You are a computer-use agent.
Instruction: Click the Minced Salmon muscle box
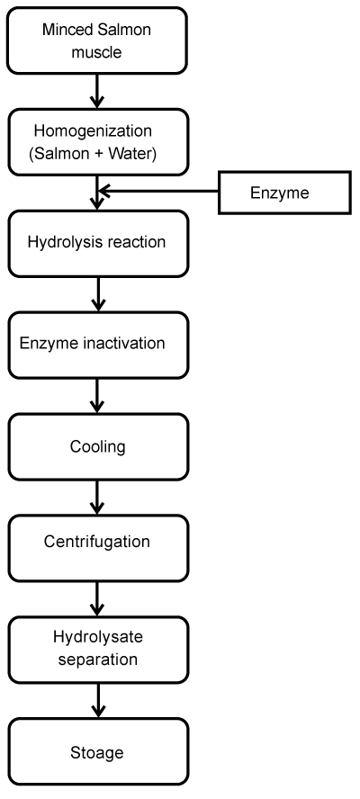point(97,40)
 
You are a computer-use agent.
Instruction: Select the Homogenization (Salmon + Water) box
point(98,142)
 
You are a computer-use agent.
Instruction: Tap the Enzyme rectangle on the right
point(284,193)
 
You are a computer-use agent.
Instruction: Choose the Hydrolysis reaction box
point(98,244)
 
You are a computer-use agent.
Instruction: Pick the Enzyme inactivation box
point(98,345)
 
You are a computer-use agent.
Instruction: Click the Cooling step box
point(98,446)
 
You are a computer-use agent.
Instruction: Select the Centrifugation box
point(98,548)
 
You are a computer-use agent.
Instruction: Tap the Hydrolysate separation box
point(98,650)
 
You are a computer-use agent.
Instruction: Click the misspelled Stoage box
point(98,751)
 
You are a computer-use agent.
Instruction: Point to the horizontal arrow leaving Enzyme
point(158,191)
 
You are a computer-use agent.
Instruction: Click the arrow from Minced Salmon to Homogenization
point(97,91)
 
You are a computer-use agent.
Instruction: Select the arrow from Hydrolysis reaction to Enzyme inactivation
point(97,294)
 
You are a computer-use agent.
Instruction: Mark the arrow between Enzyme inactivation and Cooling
point(97,396)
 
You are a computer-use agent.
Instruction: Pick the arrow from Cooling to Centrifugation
point(97,498)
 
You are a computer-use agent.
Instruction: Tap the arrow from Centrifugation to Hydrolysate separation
point(97,598)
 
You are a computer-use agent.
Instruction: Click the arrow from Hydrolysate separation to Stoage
point(97,701)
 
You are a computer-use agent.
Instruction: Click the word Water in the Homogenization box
point(130,153)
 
